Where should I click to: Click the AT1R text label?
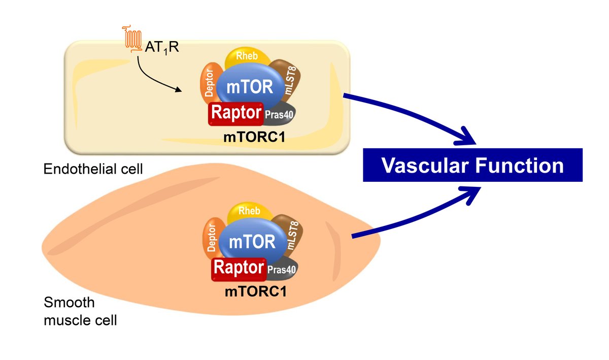(x=161, y=49)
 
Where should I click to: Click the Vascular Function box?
(x=472, y=166)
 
